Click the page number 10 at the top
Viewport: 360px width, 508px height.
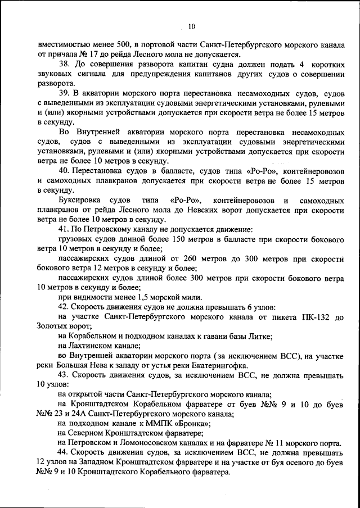click(x=192, y=26)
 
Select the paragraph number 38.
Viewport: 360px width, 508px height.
click(x=64, y=64)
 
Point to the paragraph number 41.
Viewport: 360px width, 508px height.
click(x=64, y=229)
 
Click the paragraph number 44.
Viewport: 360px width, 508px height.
click(x=64, y=452)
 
